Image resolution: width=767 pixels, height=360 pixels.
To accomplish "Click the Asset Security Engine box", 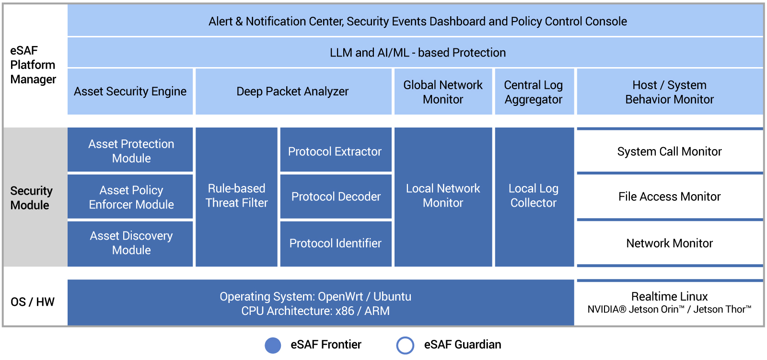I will pos(130,92).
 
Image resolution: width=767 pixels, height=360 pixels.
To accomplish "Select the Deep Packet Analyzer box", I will pos(293,92).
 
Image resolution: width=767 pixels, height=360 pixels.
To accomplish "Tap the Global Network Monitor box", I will pos(443,92).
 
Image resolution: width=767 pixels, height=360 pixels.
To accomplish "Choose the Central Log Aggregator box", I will pos(534,92).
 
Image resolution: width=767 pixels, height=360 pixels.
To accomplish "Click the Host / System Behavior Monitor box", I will pos(669,92).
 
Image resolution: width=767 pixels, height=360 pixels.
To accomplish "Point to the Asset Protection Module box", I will pos(131,151).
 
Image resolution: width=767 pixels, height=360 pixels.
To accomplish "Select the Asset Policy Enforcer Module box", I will pos(131,197).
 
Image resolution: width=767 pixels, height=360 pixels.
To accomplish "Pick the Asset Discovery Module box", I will pos(131,243).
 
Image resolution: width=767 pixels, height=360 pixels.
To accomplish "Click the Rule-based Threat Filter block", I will pos(236,196).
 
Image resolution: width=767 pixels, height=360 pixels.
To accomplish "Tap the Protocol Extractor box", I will pos(335,151).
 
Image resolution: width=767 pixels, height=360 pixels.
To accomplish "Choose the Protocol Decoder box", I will pos(336,197).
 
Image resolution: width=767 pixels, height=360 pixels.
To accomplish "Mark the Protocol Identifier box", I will pos(335,243).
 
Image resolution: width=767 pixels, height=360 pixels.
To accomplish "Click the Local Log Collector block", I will pos(534,196).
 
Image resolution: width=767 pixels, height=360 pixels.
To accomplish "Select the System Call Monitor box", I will pos(669,151).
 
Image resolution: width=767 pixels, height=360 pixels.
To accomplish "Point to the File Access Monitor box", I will pos(669,197).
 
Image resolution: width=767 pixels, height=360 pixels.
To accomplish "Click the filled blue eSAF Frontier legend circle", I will pos(273,345).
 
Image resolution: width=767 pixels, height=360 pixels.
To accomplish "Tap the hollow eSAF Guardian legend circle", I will pos(405,345).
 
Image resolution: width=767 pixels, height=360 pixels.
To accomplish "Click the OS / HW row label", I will pos(33,302).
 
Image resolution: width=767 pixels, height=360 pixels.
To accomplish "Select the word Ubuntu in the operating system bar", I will pos(392,296).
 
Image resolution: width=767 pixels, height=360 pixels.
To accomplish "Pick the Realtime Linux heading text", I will pos(669,296).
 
